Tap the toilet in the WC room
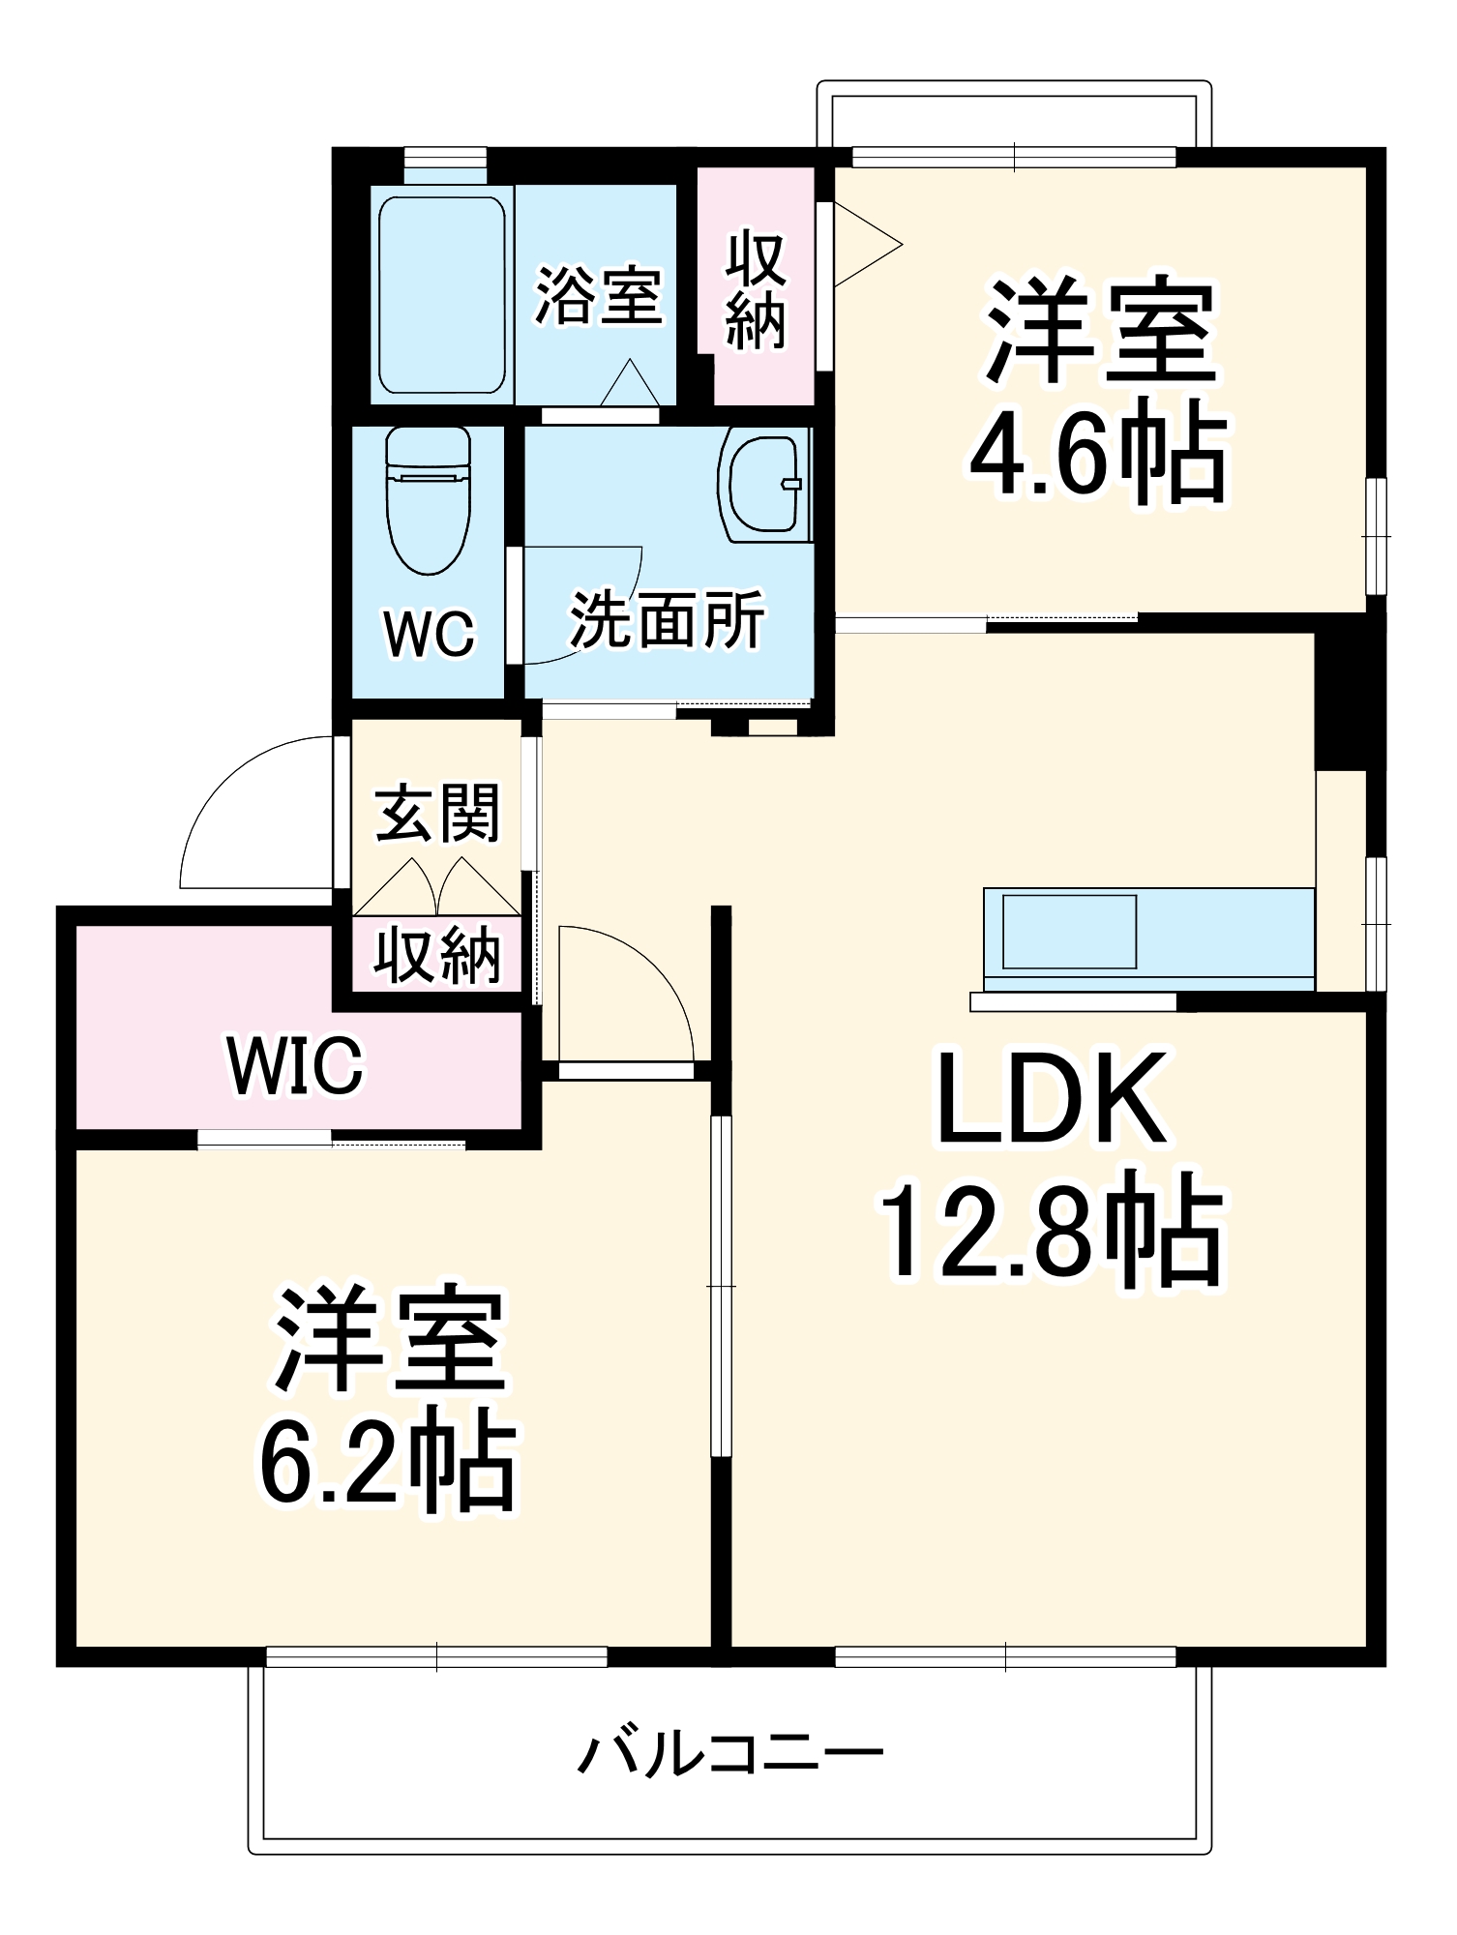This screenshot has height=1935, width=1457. (428, 499)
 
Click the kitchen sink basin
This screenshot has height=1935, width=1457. (1069, 932)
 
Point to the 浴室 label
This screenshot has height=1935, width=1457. (599, 295)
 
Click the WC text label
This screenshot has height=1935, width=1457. (430, 634)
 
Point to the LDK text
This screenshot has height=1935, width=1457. (1053, 1099)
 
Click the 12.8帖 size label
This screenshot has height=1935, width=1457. (1053, 1231)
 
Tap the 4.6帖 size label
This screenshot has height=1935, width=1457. (1099, 451)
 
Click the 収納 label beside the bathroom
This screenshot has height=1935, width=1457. (756, 289)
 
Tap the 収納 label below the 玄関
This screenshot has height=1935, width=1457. (437, 955)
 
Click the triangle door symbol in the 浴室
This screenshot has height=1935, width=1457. (630, 383)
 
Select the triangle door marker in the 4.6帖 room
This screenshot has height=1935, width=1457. (867, 244)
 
